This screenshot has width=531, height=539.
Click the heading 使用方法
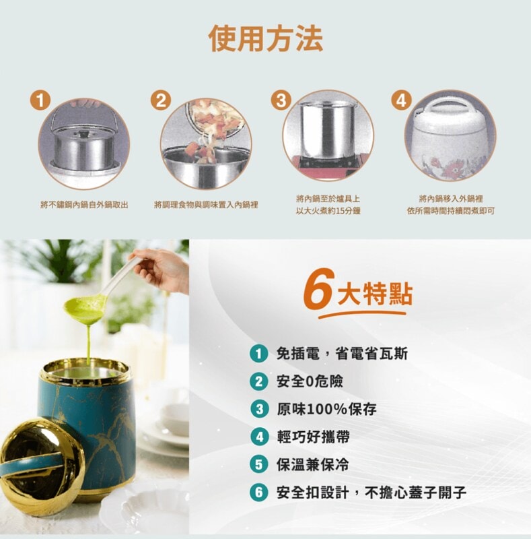pos(266,38)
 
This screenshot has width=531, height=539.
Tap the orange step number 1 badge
pos(40,100)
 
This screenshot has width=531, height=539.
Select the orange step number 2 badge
pos(161,100)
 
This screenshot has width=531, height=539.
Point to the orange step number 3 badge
pos(281,100)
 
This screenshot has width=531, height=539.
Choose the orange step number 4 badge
pos(402,100)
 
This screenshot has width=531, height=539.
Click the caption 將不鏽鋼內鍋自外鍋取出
pos(84,205)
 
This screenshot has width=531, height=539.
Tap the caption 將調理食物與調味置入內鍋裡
pos(206,205)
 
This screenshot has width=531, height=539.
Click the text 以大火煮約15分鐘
pos(328,211)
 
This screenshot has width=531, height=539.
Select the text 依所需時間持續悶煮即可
pos(451,211)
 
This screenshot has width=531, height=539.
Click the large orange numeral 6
pos(320,288)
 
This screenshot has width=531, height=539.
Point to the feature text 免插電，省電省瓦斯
pos(342,353)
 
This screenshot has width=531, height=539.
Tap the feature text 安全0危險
pos(310,381)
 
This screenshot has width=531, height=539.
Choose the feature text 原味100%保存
pos(326,409)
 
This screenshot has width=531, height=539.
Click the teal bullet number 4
pos(259,437)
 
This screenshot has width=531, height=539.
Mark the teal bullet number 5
pos(259,465)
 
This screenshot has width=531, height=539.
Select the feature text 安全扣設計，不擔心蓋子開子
pos(371,493)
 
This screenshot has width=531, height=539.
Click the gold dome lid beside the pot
pos(41,467)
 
